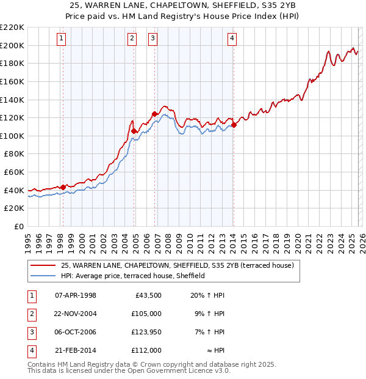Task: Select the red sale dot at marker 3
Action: tap(154, 113)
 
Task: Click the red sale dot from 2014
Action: tap(234, 125)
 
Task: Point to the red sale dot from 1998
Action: tap(63, 186)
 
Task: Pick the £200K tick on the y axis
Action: tap(12, 45)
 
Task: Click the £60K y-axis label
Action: tap(15, 172)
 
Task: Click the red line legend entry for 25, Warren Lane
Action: tap(178, 265)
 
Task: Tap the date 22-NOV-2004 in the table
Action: tap(76, 314)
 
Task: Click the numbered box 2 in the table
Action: tap(32, 314)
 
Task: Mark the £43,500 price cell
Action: tap(148, 295)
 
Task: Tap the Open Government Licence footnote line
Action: tap(129, 370)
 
